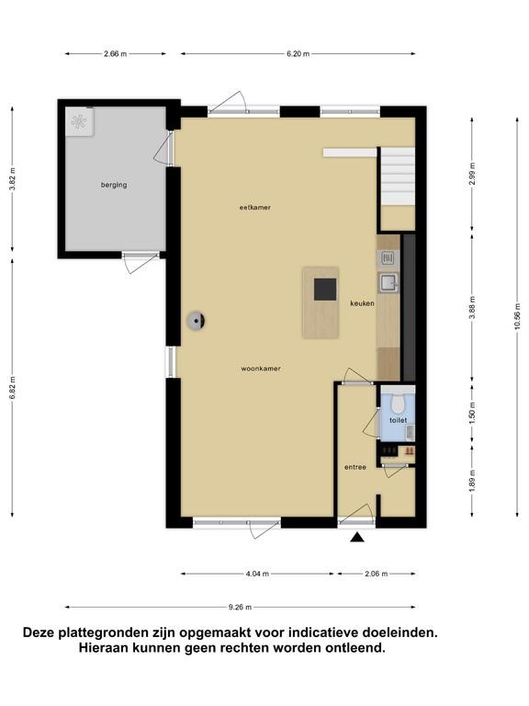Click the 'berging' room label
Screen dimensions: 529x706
point(114,185)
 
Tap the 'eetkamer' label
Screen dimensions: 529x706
point(254,208)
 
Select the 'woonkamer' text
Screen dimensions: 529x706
point(261,369)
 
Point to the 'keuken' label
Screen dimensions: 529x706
point(362,303)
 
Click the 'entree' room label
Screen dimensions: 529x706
point(355,467)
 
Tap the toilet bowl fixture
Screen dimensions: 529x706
point(398,404)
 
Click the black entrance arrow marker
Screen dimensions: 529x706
point(357,537)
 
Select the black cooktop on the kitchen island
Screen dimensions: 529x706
point(325,289)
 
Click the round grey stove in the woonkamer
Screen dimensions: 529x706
point(197,321)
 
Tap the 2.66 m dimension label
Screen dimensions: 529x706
point(115,54)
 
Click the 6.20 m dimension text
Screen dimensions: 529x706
point(298,54)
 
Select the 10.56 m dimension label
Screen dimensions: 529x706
point(517,315)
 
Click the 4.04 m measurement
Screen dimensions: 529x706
point(257,574)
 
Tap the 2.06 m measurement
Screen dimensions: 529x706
point(376,574)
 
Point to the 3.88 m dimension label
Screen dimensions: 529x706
point(472,308)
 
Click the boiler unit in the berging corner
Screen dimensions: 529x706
point(79,121)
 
